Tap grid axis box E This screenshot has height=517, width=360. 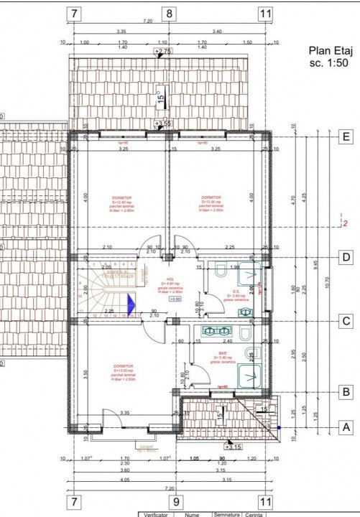click(347, 135)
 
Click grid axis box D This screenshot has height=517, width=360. click(347, 257)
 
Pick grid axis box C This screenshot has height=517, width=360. click(347, 321)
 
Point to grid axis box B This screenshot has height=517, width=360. click(347, 392)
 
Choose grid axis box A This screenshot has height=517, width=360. click(347, 426)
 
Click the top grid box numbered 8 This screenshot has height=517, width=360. click(170, 13)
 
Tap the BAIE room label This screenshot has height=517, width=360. click(223, 353)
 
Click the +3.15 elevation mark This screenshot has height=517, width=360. click(233, 446)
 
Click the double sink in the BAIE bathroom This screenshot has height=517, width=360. click(215, 331)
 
